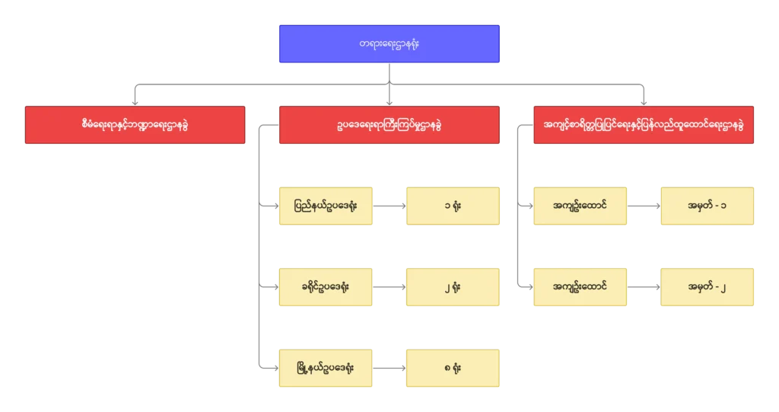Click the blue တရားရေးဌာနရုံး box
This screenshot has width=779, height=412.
coord(388,44)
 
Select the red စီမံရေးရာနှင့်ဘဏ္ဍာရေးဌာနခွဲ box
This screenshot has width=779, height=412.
coord(135,125)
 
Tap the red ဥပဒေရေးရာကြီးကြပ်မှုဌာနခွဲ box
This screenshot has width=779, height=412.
coord(388,125)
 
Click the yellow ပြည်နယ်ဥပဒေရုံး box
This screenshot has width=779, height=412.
coord(326,205)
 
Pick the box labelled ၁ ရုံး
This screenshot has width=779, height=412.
coord(453,205)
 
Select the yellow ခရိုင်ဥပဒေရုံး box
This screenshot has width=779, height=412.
coord(326,287)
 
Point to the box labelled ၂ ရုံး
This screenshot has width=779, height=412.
coord(453,287)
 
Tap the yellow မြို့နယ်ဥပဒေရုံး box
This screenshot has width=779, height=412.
coord(326,369)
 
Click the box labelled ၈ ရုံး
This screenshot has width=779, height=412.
coord(453,369)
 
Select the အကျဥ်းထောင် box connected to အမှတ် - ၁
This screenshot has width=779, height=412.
coord(580,205)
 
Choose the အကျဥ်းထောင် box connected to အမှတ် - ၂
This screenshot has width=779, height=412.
coord(580,287)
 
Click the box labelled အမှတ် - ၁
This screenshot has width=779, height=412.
coord(707,205)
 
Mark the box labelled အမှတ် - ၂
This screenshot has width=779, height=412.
coord(707,287)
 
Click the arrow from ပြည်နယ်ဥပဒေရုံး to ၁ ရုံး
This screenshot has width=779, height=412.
coord(389,205)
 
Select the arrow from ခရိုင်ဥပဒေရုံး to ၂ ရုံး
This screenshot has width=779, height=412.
coord(389,287)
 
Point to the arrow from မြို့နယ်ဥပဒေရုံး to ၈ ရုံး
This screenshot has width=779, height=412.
coord(389,369)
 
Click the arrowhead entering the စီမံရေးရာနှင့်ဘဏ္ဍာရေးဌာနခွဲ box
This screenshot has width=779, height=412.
coord(135,100)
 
